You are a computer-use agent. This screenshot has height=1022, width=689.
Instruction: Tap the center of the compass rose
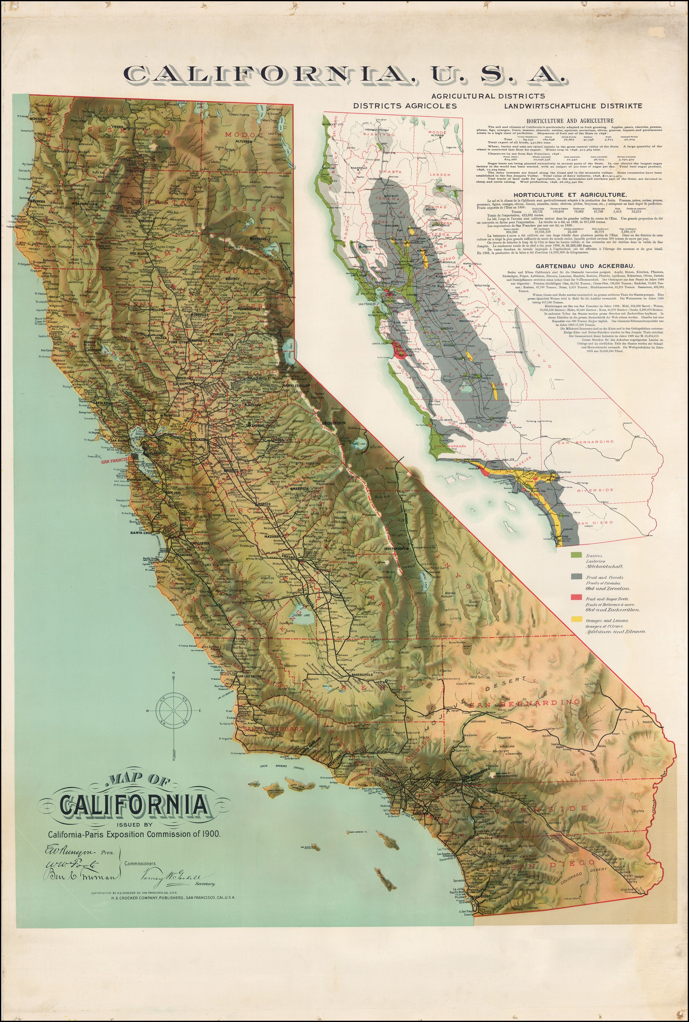pos(174,711)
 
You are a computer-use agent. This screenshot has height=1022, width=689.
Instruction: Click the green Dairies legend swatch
pos(576,556)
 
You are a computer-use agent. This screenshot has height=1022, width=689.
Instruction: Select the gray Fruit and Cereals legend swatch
pos(576,576)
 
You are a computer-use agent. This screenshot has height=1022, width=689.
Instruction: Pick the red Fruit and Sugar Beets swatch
pos(576,599)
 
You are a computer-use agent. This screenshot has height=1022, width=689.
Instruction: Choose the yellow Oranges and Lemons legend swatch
pos(576,620)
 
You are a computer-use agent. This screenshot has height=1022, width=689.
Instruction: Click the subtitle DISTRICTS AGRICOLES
pos(405,106)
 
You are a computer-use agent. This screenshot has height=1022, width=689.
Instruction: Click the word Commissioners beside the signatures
pos(141,863)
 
